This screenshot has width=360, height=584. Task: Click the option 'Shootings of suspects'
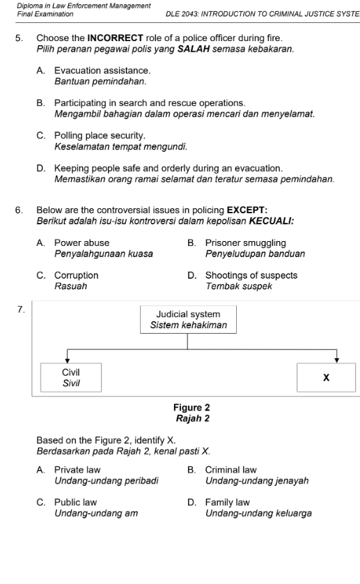(251, 275)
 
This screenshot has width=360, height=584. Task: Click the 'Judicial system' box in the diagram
(188, 319)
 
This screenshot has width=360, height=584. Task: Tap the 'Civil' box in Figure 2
(70, 377)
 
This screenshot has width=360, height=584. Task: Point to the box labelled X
(325, 377)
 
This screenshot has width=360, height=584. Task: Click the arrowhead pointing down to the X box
(336, 360)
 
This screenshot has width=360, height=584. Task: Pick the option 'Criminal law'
(231, 470)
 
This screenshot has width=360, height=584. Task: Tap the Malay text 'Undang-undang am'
(95, 513)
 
